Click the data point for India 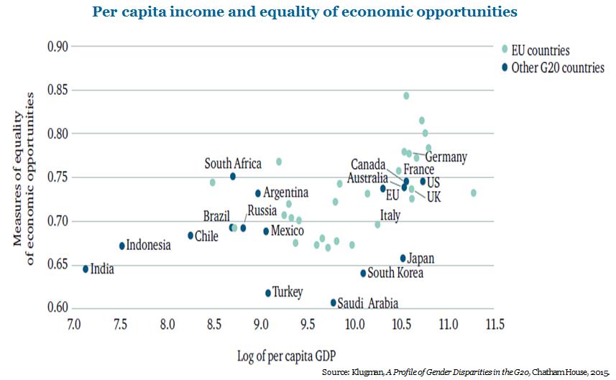click(86, 269)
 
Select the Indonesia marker click(121, 246)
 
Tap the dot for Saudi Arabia click(333, 302)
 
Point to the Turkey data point click(268, 293)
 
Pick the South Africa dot click(233, 176)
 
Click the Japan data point click(403, 259)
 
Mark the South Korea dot click(363, 273)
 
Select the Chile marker click(190, 236)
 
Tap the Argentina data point click(258, 193)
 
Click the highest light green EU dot click(406, 96)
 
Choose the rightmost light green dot click(474, 193)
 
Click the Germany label click(446, 157)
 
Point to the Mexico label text click(288, 231)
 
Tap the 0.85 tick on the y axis click(58, 90)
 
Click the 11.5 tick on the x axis click(495, 324)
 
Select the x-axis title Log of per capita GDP click(286, 356)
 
